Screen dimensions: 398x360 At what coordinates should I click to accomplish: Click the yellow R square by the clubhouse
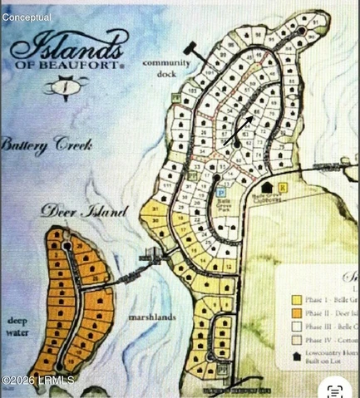pyautogui.click(x=283, y=188)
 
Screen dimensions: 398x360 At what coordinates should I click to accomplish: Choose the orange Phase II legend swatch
pyautogui.click(x=295, y=313)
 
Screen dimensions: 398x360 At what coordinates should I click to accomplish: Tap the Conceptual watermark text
pyautogui.click(x=26, y=17)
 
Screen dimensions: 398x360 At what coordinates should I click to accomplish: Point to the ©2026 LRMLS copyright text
pyautogui.click(x=37, y=380)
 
